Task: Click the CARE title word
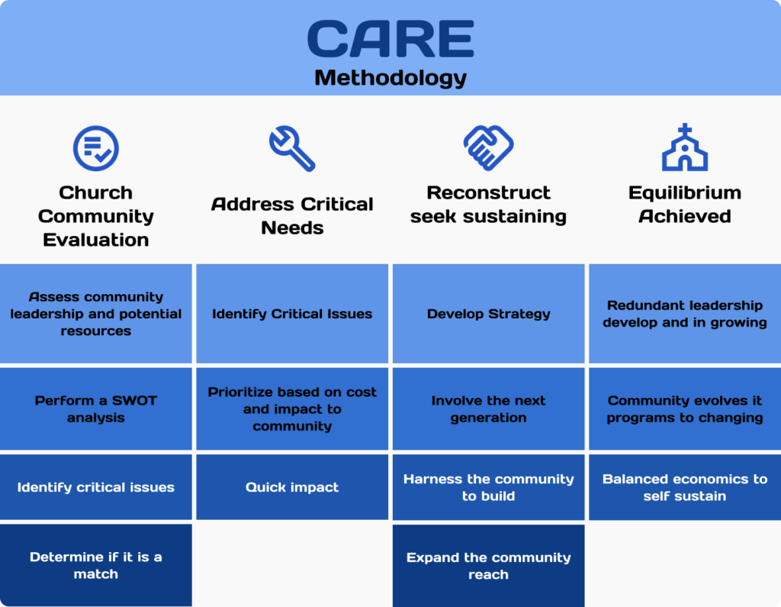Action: [x=390, y=39]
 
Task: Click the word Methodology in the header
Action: [x=390, y=78]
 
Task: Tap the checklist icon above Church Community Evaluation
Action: [x=95, y=148]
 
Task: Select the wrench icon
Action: [x=292, y=148]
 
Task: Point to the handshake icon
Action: [x=488, y=147]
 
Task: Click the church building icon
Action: [x=685, y=147]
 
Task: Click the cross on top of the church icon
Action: [x=685, y=130]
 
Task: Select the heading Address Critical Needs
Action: [x=292, y=215]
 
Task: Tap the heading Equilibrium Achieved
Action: [x=685, y=204]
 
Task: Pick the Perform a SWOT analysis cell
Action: [x=95, y=409]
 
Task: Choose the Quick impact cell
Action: [x=292, y=487]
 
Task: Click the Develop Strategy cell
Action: [x=488, y=314]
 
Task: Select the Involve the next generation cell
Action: [x=488, y=409]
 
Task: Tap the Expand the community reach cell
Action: [x=488, y=566]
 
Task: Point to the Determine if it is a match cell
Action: [x=95, y=565]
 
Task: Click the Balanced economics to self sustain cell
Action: [x=685, y=487]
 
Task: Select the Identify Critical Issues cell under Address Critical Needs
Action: [x=292, y=314]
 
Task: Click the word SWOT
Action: [x=134, y=401]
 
